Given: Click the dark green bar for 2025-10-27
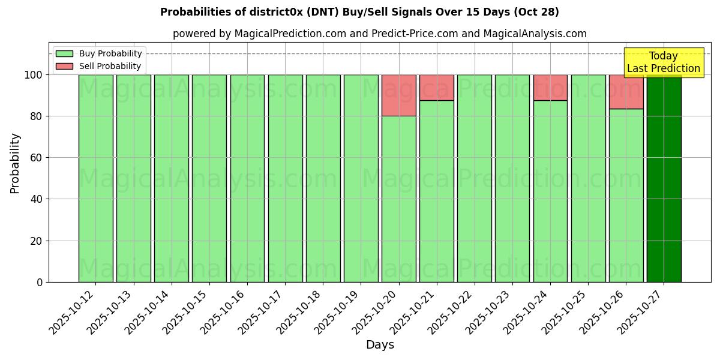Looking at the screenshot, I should (x=664, y=180).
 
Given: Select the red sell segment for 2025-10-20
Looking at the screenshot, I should (x=398, y=95).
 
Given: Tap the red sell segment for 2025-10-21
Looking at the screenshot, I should (x=436, y=88).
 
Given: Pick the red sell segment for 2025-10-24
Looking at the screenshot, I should (x=550, y=88).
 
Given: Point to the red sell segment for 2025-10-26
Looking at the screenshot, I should (x=626, y=92).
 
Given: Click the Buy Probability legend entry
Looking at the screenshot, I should (x=99, y=53).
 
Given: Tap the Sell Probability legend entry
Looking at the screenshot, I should (x=99, y=66).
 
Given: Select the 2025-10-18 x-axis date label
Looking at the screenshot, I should (x=298, y=312).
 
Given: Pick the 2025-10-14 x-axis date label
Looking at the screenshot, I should (x=146, y=312).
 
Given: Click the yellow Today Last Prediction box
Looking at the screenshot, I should (x=663, y=62).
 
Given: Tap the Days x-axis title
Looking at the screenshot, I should (x=380, y=345).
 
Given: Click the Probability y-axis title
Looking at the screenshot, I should (x=15, y=163).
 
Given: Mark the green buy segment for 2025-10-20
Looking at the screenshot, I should (x=398, y=199).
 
